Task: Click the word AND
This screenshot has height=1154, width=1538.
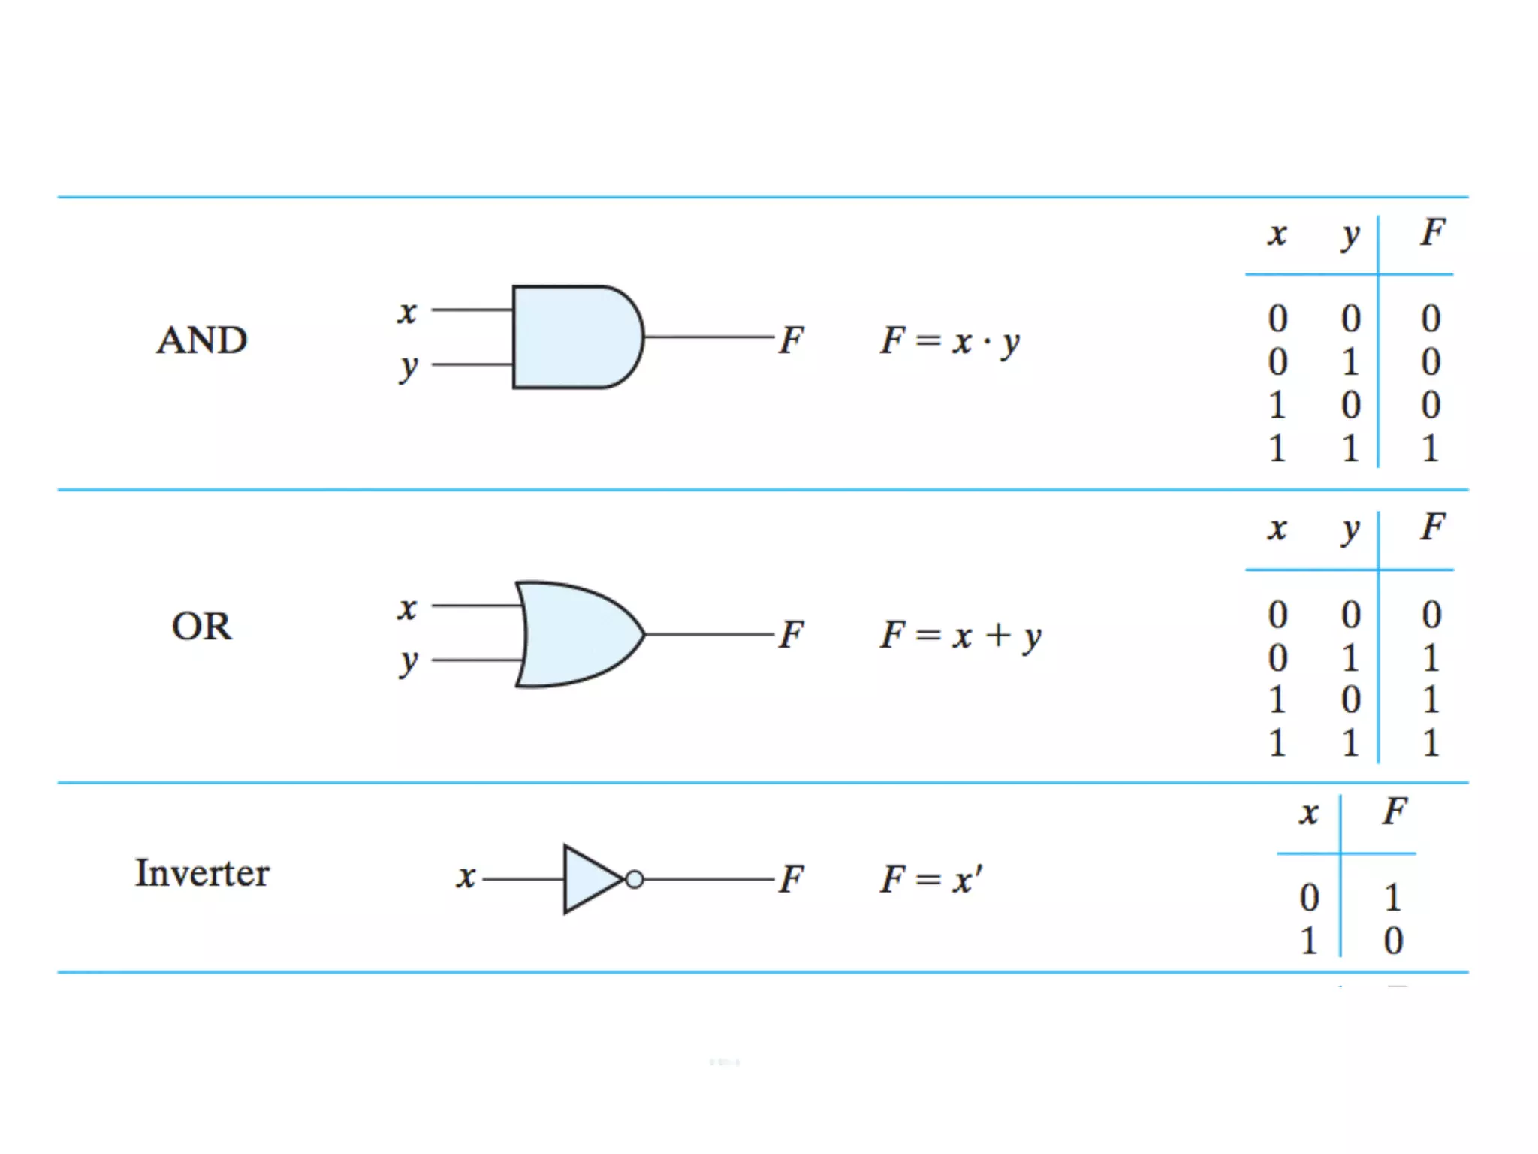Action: tap(201, 340)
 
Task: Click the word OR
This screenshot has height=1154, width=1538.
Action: tap(201, 626)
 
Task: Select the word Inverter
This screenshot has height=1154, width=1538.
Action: tap(201, 873)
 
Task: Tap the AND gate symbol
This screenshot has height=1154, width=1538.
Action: tap(575, 337)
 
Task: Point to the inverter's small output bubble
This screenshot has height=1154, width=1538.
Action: tap(635, 879)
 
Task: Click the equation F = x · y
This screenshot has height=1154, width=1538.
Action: tap(950, 342)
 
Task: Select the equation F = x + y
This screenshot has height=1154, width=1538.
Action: tap(960, 636)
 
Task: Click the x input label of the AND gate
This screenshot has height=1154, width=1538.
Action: tap(407, 311)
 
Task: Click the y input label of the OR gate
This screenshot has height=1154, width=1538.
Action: tap(408, 661)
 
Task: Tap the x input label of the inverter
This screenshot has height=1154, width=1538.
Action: tap(466, 877)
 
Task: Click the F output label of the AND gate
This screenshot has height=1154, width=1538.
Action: tap(791, 340)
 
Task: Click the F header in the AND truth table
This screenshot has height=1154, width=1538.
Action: tap(1432, 232)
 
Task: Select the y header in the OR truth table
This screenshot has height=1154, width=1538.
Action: tap(1350, 529)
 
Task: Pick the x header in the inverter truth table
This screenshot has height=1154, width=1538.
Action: tap(1309, 813)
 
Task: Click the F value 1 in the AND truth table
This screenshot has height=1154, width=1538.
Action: tap(1430, 449)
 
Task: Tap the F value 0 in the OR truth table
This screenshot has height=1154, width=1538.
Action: tap(1431, 615)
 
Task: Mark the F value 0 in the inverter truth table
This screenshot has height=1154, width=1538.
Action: tap(1394, 941)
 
